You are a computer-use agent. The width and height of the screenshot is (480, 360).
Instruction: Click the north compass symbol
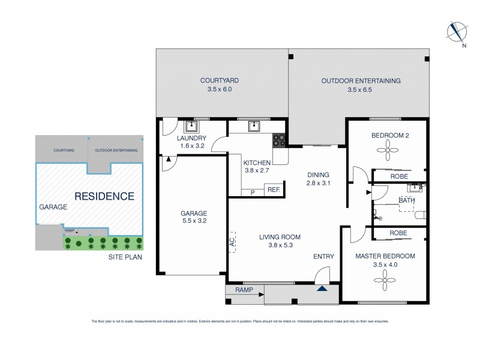pyautogui.click(x=457, y=31)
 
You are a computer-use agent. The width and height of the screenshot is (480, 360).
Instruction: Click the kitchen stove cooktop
pyautogui.click(x=280, y=140)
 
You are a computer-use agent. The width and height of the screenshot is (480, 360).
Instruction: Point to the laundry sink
pyautogui.click(x=192, y=127)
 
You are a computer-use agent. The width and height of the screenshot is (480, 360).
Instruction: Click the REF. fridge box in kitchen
pyautogui.click(x=274, y=190)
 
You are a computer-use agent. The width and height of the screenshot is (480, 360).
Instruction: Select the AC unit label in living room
pyautogui.click(x=232, y=241)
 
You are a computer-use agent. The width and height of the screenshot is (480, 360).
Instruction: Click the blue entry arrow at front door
pyautogui.click(x=323, y=289)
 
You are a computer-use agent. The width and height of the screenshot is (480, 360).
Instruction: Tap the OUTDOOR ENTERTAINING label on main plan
pyautogui.click(x=361, y=80)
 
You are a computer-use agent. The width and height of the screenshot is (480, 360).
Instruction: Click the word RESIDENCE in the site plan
pyautogui.click(x=104, y=196)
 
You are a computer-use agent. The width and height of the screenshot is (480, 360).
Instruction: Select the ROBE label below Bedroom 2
pyautogui.click(x=399, y=177)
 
